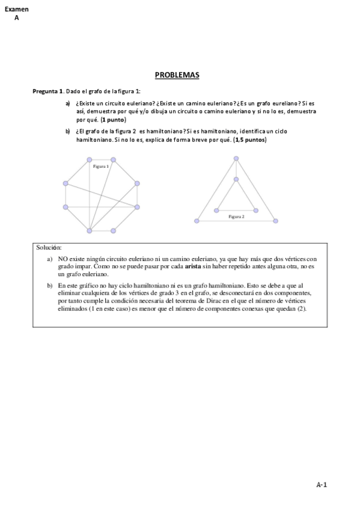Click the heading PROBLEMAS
coord(177,75)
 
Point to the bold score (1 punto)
coord(114,120)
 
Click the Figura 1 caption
coord(100,166)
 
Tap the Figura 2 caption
coord(236,215)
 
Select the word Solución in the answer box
coord(49,247)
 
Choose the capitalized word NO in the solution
coord(63,257)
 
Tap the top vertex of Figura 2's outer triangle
coord(236,159)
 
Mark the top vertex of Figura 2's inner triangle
coord(236,179)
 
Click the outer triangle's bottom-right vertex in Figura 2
coord(275,221)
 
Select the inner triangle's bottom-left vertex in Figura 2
coord(216,210)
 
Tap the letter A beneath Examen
coord(16,18)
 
